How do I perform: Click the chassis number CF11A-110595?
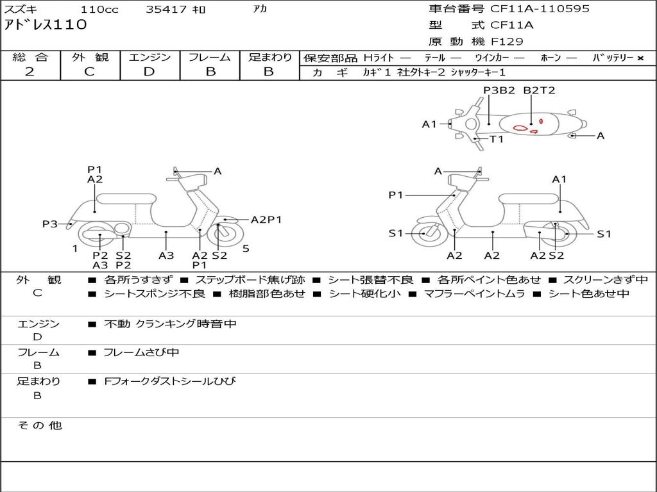click(540, 9)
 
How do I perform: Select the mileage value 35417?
click(166, 10)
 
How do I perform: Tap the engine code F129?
click(507, 42)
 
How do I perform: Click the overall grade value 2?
click(30, 72)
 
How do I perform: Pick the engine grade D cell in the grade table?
click(149, 72)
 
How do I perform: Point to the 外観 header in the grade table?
click(90, 57)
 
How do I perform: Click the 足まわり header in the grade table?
click(269, 57)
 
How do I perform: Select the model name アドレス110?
click(45, 26)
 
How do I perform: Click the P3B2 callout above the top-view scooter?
click(499, 90)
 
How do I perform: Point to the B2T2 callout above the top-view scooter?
click(539, 90)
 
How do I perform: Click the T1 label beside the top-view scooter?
click(497, 139)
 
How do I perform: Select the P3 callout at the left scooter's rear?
click(50, 224)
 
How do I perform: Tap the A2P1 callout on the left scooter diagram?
click(266, 220)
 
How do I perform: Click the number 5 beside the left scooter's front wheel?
click(246, 248)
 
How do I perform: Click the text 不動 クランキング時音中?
click(170, 324)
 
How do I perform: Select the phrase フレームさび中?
click(141, 352)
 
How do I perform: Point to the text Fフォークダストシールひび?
click(170, 382)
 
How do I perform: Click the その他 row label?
click(40, 425)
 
